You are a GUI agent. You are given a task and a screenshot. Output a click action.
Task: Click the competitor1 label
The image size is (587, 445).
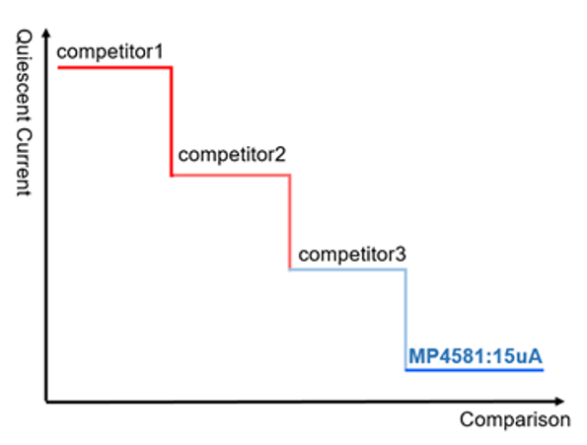click(110, 51)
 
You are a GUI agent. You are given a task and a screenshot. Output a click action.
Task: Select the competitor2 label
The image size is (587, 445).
click(232, 155)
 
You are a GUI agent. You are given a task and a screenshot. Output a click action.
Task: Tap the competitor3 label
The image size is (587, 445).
click(352, 255)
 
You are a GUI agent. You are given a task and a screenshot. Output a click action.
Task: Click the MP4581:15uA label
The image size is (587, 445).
click(476, 356)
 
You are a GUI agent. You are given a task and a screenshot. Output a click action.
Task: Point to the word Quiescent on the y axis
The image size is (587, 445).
click(24, 77)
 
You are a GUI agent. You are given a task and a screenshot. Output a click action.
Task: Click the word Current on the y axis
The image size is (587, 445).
click(24, 163)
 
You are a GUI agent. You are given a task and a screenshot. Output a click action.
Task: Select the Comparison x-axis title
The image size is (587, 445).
click(515, 419)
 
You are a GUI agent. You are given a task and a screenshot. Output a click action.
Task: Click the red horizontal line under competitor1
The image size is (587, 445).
click(114, 68)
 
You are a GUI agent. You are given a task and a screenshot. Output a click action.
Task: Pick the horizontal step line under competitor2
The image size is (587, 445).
click(231, 175)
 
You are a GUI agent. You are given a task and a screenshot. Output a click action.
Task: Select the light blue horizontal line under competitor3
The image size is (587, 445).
click(347, 269)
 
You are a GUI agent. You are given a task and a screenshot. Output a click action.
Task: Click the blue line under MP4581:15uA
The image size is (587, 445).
click(475, 370)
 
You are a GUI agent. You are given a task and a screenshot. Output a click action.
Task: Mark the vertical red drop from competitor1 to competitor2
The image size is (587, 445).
click(172, 121)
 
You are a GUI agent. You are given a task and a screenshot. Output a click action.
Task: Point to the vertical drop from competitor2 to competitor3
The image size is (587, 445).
click(290, 222)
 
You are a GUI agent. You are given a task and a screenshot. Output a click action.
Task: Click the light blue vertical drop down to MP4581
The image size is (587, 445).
click(406, 320)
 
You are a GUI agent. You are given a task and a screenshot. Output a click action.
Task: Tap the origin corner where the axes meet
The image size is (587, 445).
click(46, 402)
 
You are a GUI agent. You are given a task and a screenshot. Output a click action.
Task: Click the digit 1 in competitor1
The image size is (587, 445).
click(159, 51)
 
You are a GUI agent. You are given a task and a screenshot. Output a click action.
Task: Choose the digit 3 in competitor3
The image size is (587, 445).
click(402, 255)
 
